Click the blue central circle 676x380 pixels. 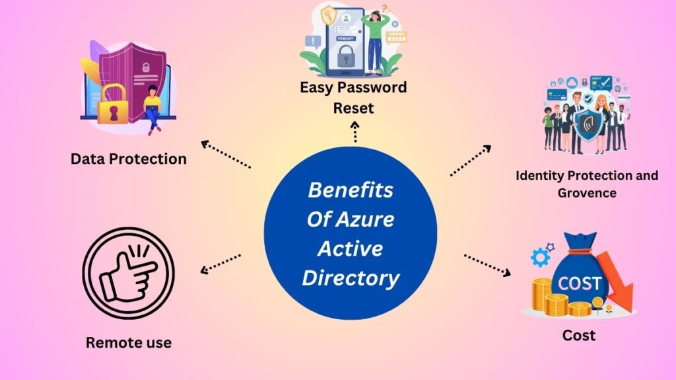pyautogui.click(x=350, y=235)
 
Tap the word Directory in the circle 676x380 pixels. pyautogui.click(x=351, y=278)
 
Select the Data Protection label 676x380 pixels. pyautogui.click(x=129, y=159)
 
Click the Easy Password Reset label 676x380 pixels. pyautogui.click(x=353, y=97)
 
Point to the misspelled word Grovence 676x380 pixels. pyautogui.click(x=587, y=193)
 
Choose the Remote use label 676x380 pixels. pyautogui.click(x=128, y=342)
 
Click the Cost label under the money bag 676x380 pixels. pyautogui.click(x=578, y=336)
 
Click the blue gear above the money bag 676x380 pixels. pyautogui.click(x=540, y=257)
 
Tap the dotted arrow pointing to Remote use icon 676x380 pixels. pyautogui.click(x=220, y=262)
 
